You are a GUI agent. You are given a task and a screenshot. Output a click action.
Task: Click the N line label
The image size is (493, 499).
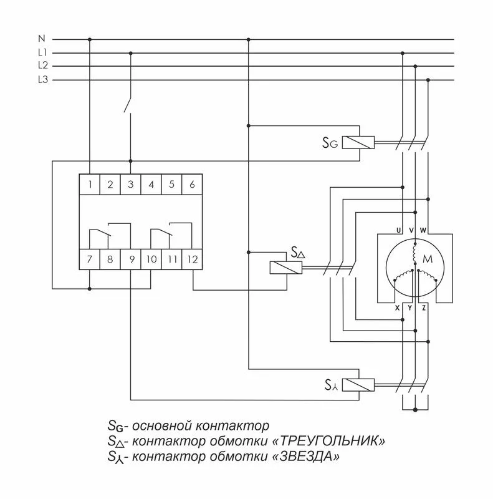tap(42, 39)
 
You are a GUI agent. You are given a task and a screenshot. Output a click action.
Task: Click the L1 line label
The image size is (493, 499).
tap(42, 53)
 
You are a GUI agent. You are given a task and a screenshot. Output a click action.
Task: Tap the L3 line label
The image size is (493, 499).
tap(42, 79)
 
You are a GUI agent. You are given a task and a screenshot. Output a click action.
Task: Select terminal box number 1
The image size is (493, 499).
tap(90, 184)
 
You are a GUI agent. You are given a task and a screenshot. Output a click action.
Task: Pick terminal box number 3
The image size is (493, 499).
tap(130, 184)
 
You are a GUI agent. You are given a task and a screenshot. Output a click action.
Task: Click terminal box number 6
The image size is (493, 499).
tap(192, 184)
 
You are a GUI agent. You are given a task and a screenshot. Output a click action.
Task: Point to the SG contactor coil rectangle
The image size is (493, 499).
tap(359, 142)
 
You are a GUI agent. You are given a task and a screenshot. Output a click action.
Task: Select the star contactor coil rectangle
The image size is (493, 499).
tap(359, 384)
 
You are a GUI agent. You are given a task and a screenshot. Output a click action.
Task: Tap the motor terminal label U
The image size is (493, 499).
tap(397, 231)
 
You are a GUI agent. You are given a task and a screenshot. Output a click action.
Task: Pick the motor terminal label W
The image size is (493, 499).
tap(424, 231)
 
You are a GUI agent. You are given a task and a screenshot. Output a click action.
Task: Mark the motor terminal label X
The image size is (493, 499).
tap(397, 308)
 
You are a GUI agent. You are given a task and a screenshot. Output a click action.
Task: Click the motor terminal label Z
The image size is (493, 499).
tap(424, 308)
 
